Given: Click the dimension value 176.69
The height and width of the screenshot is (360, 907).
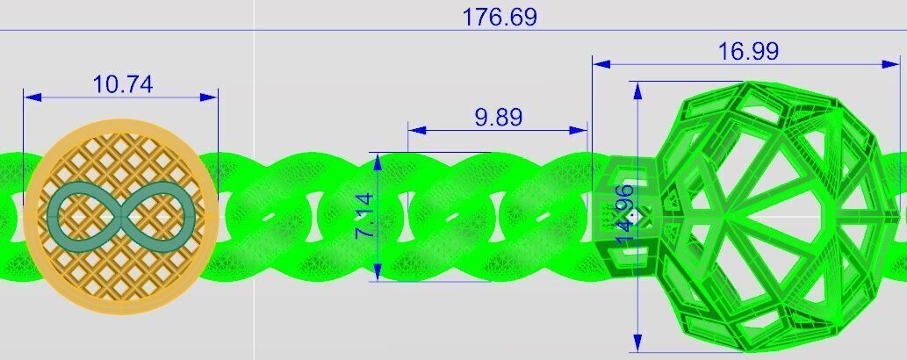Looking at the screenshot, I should coord(500,17).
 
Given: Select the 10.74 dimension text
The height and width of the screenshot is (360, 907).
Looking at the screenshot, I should coord(122,84).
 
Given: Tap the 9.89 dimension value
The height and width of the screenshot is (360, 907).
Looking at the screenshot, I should coord(498,118).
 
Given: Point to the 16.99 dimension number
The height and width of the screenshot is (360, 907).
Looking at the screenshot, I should coord(748,52).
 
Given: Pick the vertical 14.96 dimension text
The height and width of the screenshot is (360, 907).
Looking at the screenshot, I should coord(625,216).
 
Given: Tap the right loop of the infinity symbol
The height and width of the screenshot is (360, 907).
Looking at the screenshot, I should coord(159,214).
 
